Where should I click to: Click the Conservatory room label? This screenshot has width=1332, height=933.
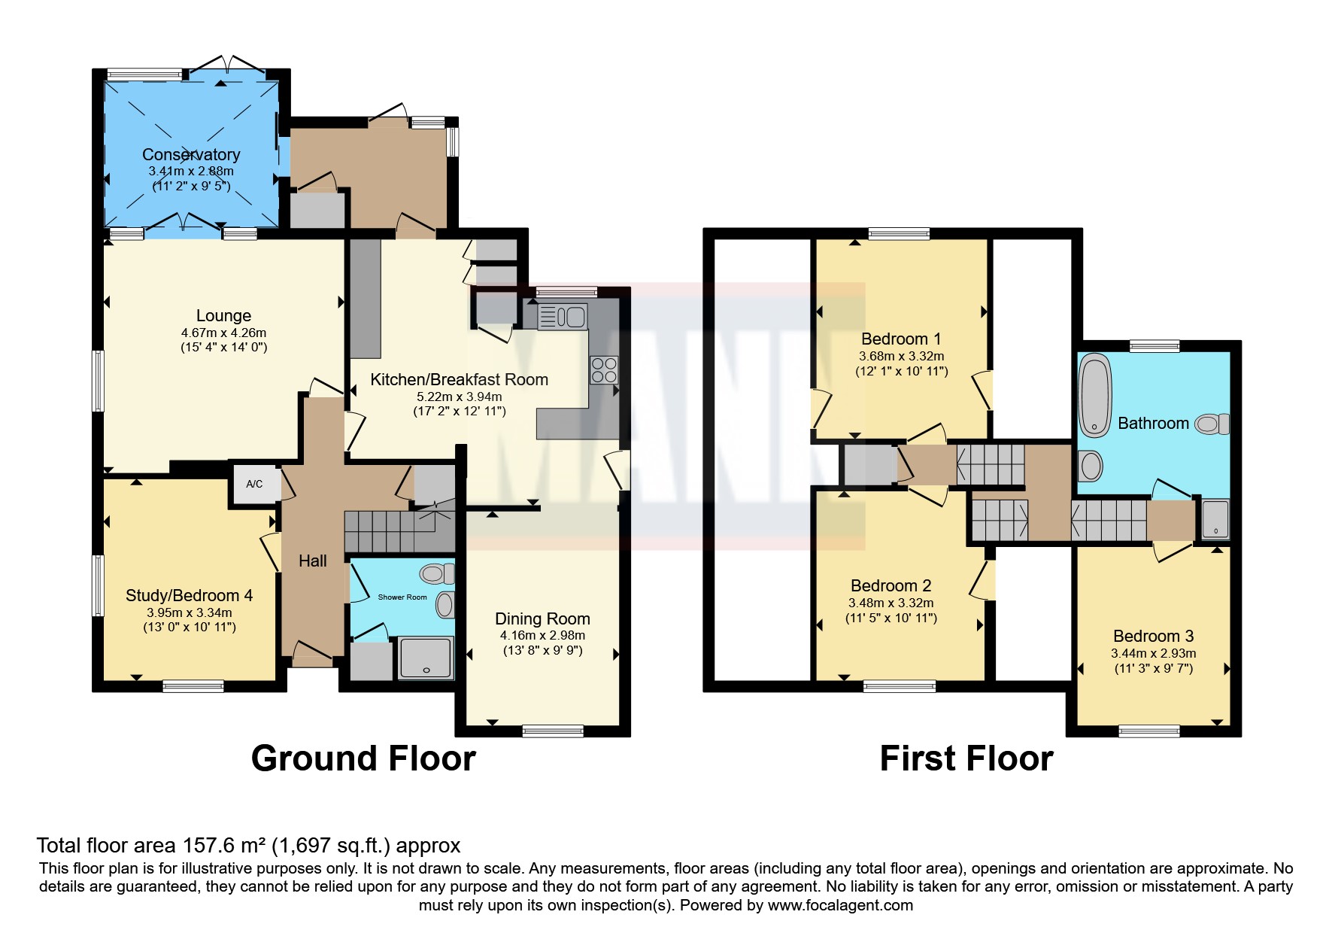191,154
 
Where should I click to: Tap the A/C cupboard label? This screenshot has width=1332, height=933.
254,484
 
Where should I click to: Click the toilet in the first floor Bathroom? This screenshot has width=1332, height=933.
1212,424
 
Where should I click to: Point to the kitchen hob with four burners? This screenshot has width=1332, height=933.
604,369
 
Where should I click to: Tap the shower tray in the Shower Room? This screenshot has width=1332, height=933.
426,658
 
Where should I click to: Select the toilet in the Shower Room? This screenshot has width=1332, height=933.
438,574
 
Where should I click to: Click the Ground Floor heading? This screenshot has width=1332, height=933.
363,758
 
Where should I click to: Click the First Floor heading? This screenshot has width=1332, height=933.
966,758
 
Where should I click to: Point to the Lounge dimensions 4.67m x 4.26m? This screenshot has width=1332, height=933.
223,333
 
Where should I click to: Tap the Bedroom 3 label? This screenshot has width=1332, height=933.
1153,636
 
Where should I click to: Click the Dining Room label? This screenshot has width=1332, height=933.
542,618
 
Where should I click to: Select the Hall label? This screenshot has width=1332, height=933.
313,561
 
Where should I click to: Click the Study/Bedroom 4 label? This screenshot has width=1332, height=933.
189,596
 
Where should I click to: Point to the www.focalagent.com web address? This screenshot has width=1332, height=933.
840,905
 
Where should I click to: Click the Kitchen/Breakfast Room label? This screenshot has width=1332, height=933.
459,379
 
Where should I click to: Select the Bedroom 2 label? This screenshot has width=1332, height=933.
891,585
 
